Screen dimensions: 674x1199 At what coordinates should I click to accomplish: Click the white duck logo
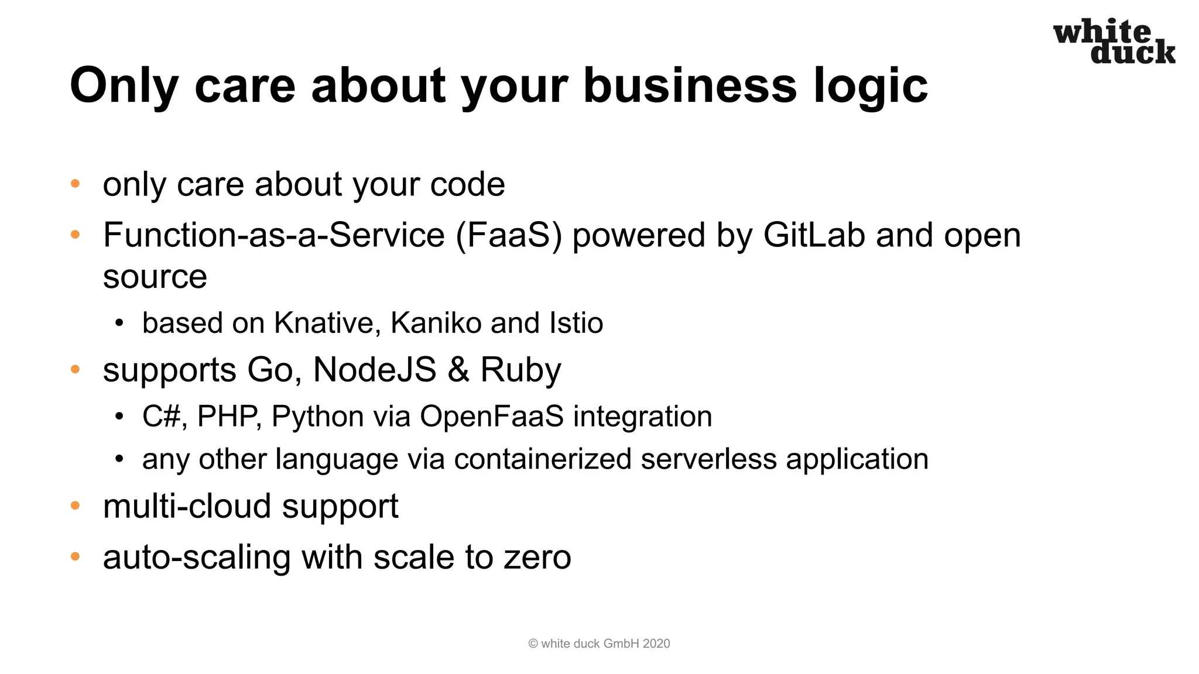point(1114,42)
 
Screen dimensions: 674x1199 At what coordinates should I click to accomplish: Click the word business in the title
point(690,85)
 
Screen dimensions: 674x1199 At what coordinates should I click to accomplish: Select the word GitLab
point(814,235)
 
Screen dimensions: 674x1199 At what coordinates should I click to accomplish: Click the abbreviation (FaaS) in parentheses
point(509,235)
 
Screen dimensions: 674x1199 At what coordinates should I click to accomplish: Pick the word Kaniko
point(436,323)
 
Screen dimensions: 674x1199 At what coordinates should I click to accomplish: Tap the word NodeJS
point(375,370)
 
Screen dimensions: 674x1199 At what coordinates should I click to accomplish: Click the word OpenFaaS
point(492,417)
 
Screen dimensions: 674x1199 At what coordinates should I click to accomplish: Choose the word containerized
point(542,459)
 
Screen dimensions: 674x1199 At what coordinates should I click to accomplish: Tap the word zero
point(537,558)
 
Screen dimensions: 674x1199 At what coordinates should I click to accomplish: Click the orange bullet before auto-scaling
point(75,556)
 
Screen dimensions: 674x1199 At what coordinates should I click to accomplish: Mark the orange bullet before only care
point(75,184)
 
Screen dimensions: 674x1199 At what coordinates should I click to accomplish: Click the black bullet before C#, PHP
point(119,417)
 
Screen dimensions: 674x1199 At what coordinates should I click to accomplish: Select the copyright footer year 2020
point(656,644)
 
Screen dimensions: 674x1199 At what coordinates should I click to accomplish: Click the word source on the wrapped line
point(155,277)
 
